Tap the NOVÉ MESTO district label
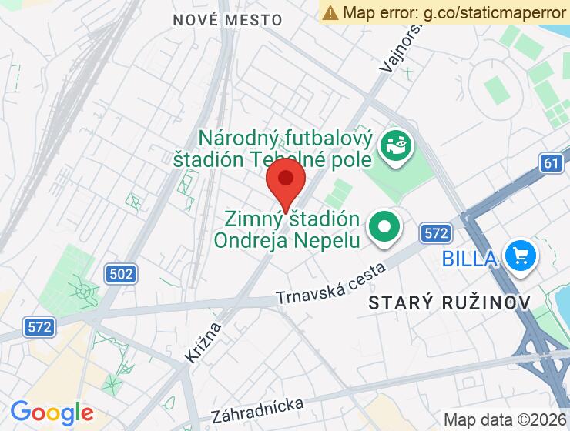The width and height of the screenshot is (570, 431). coord(216,20)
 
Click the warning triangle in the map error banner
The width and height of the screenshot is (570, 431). coord(330,12)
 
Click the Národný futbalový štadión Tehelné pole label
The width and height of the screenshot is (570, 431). coord(285,148)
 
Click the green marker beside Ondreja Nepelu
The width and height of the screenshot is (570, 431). coord(384,228)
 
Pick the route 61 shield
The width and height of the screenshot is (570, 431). coord(550,162)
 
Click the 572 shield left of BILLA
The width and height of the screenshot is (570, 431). coord(435,232)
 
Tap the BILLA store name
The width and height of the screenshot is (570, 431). coord(469,258)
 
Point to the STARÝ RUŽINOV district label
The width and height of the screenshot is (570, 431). coord(450,302)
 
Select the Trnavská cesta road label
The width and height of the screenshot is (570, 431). coord(330,285)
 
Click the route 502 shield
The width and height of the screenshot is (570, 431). coord(120,273)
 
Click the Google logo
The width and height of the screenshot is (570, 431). coord(52,413)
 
